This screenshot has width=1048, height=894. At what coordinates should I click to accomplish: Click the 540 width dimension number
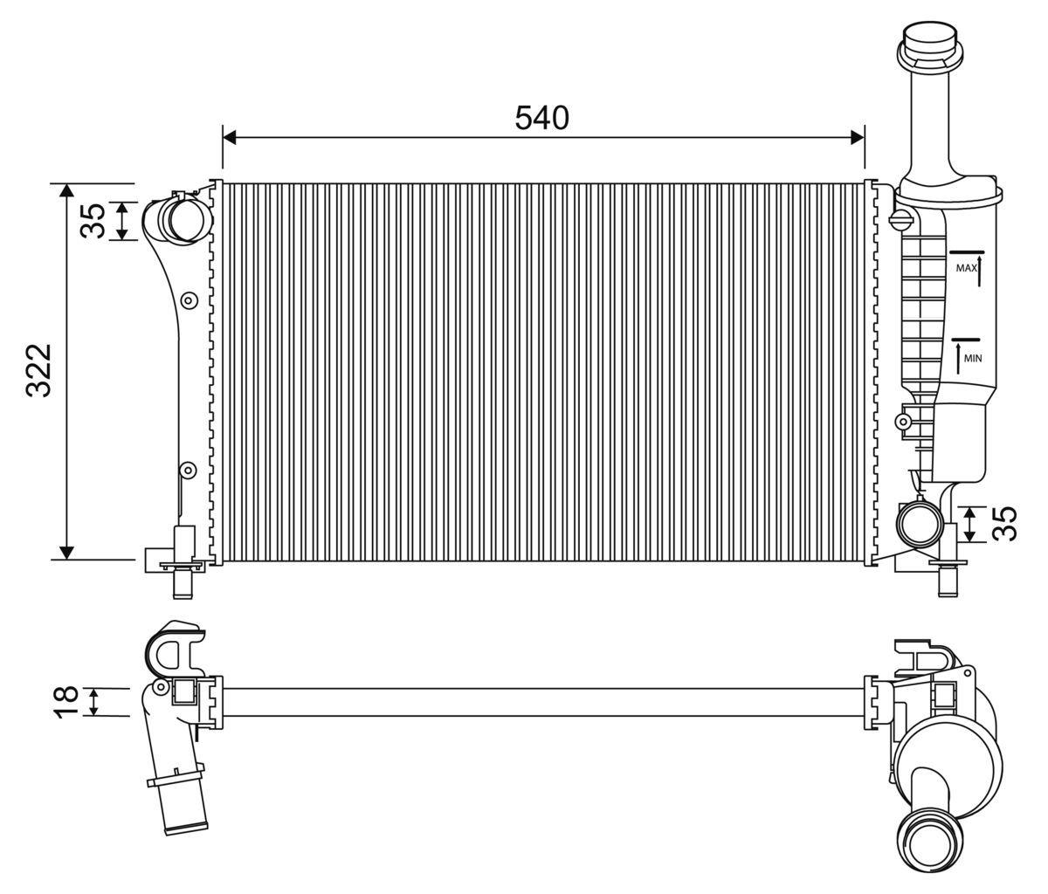click(x=541, y=118)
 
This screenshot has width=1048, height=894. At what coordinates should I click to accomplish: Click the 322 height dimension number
click(x=39, y=370)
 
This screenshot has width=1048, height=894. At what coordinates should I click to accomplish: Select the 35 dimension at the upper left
click(x=93, y=220)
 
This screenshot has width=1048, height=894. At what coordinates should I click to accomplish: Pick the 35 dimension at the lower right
click(x=1007, y=523)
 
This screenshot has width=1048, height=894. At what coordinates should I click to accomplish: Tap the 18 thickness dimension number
click(x=66, y=702)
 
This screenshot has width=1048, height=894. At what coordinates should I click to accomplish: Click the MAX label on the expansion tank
click(x=965, y=268)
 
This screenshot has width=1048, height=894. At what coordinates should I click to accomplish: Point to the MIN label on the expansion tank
click(x=973, y=357)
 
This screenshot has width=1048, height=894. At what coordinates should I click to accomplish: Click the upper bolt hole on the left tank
click(x=187, y=301)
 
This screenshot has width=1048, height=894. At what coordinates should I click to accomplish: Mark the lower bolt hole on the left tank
click(x=186, y=471)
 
